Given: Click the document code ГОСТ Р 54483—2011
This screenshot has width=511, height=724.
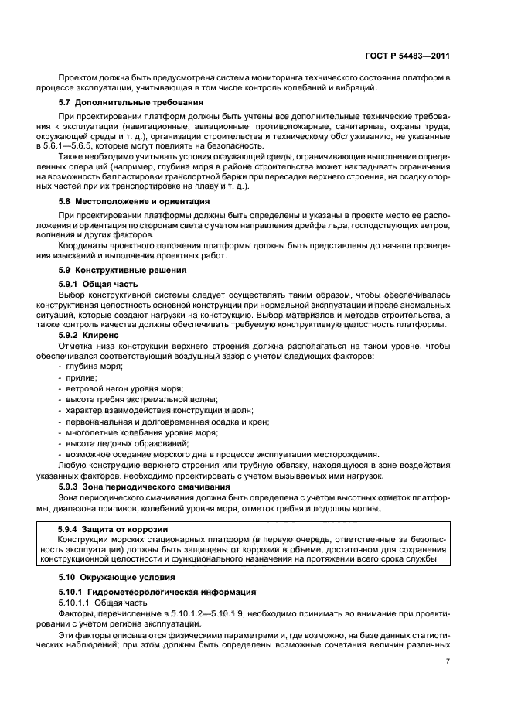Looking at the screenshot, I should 408,56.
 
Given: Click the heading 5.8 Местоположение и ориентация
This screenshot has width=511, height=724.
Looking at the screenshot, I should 129,201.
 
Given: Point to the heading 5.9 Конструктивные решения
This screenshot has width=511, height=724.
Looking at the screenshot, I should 122,270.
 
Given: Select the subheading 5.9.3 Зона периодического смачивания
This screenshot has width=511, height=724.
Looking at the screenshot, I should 136,487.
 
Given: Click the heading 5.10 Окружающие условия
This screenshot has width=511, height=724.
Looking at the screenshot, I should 117,577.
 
